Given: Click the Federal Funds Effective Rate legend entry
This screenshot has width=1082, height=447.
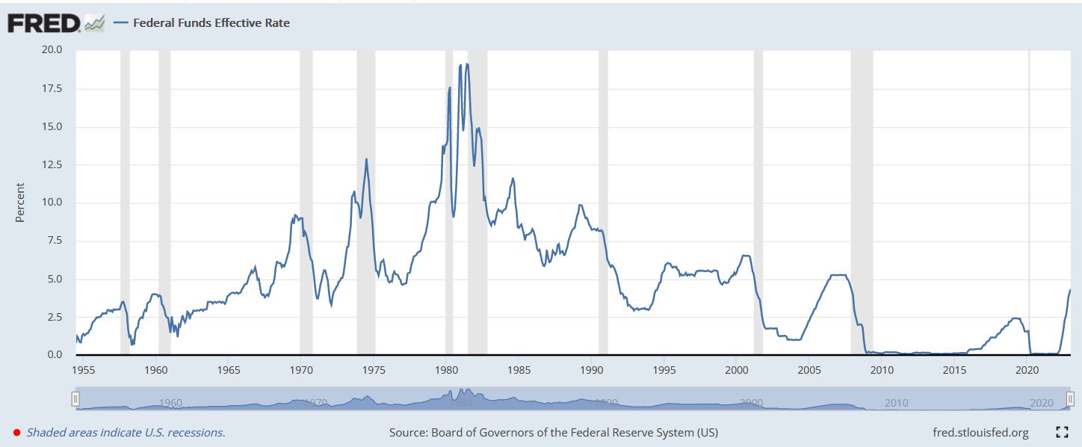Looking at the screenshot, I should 211,22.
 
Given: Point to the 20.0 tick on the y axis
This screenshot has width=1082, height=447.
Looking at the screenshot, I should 52,50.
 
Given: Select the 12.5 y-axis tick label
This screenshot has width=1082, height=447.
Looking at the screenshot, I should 52,164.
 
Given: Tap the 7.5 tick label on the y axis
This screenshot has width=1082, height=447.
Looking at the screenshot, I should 55,241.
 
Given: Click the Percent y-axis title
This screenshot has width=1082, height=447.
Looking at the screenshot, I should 20,202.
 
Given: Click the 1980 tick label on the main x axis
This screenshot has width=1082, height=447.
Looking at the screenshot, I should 446,370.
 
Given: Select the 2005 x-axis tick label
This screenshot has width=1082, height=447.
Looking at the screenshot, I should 809,370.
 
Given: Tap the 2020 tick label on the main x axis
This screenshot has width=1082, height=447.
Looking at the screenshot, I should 1027,370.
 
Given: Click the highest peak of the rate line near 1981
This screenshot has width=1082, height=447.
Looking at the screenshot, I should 467,64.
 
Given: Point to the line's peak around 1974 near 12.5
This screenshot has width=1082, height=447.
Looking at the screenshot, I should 366,159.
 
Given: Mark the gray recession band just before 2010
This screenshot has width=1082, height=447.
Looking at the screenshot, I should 862,202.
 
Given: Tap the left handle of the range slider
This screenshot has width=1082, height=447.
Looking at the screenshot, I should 75,398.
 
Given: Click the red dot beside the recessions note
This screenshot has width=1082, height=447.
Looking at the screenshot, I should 16,432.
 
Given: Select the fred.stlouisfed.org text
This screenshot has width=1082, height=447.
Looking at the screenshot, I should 980,432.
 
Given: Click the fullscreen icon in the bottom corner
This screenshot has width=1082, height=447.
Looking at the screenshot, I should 1062,432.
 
